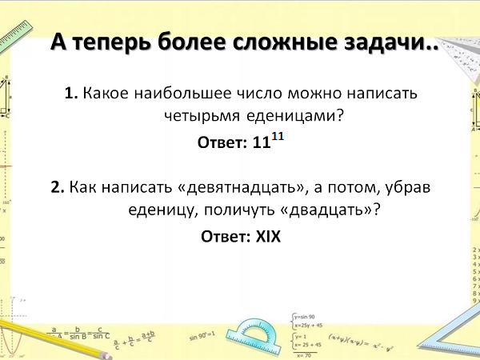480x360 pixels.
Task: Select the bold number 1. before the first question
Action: [71, 93]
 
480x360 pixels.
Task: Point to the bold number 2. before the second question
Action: [58, 186]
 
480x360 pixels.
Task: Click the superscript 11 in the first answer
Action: [278, 136]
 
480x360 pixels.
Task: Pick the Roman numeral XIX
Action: [268, 236]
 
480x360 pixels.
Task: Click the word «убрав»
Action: [408, 187]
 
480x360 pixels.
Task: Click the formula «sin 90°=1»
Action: [202, 336]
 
